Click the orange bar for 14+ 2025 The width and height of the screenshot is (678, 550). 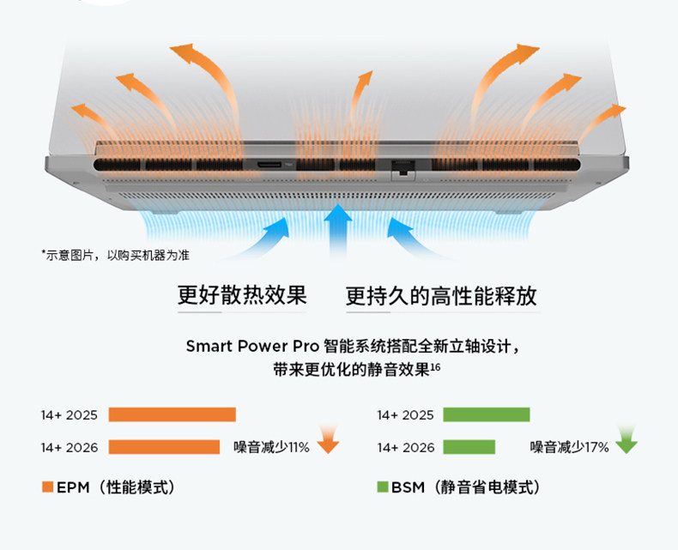coord(172,415)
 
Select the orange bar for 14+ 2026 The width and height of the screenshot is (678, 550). coord(164,447)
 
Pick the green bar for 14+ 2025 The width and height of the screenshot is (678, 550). coord(486,415)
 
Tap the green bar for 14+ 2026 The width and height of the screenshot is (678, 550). coord(469,447)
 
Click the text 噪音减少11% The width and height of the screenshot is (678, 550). coord(271,447)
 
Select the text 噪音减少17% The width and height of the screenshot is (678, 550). coord(569,447)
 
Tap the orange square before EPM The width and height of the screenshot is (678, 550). coord(48,487)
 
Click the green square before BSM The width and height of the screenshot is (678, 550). coord(383,487)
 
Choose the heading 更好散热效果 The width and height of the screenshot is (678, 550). coord(242,296)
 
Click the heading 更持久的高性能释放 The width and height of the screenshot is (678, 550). coord(441,297)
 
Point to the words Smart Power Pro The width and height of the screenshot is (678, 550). coord(252,347)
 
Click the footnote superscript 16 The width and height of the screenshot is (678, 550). coord(435,367)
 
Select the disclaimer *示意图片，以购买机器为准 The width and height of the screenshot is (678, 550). coord(115,255)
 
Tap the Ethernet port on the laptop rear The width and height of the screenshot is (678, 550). coord(401,166)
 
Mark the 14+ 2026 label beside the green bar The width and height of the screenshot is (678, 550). coord(406,447)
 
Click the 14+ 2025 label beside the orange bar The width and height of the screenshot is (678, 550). coord(70,415)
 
